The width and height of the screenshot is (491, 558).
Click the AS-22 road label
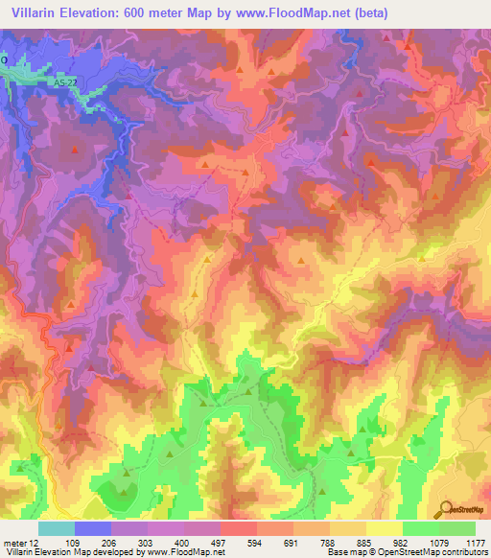click(x=64, y=84)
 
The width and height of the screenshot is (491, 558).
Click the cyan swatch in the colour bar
click(x=57, y=528)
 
